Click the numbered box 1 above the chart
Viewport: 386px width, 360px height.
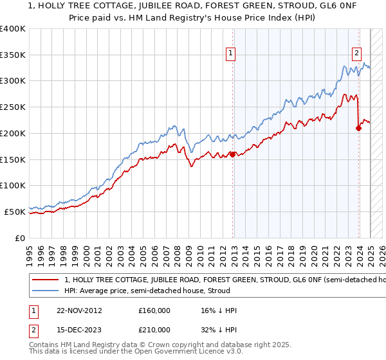[x=230, y=55]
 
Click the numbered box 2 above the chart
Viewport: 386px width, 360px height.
[x=356, y=55]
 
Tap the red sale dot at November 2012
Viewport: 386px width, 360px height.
[x=233, y=154]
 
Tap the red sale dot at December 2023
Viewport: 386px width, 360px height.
[x=359, y=128]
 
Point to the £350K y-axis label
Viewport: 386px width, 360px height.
[x=13, y=55]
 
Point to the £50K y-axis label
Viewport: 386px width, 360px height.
[x=15, y=212]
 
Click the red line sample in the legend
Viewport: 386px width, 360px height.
[x=45, y=280]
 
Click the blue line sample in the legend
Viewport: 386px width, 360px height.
[x=45, y=291]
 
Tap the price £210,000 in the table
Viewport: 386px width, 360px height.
[x=154, y=330]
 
